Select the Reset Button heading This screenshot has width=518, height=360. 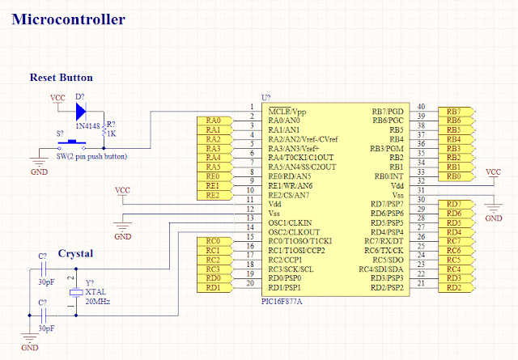(61, 78)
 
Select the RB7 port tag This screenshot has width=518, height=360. (454, 112)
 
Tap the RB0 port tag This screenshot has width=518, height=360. (454, 176)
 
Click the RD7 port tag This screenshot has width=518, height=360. (454, 204)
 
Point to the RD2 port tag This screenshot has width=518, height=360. (454, 287)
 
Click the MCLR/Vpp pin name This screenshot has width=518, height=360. (287, 111)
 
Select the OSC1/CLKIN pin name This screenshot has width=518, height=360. (290, 222)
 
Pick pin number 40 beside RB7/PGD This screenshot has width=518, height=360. (421, 107)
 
